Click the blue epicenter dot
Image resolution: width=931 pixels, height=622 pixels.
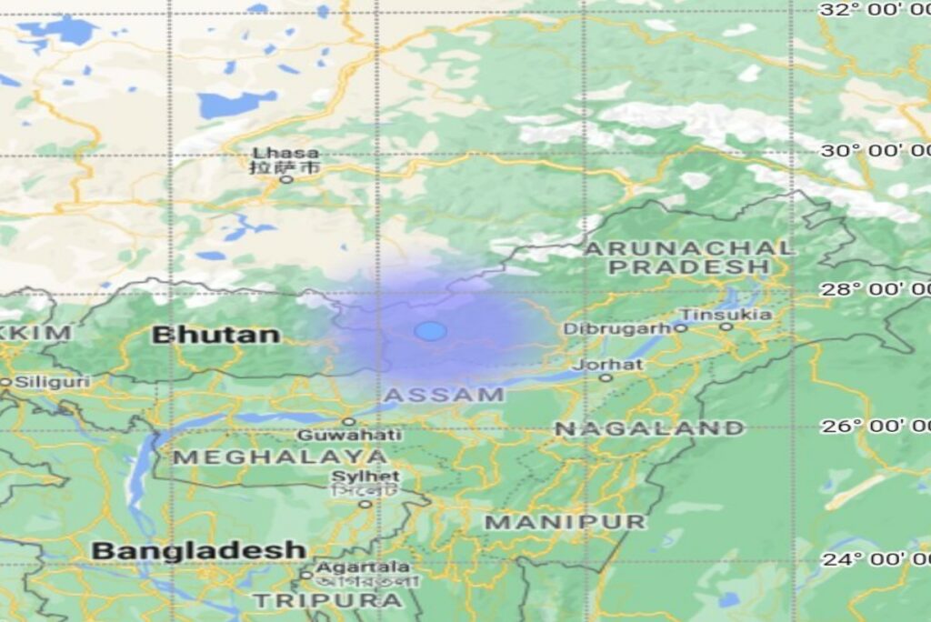430,331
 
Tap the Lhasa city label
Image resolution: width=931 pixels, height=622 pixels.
285,153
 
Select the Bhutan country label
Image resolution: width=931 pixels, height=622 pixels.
215,335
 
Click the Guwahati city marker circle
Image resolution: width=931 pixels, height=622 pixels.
348,422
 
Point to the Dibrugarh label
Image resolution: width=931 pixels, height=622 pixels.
617,328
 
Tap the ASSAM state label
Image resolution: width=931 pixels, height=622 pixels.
444,395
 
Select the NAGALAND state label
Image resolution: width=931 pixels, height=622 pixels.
649,427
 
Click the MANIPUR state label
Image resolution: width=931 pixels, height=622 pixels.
565,522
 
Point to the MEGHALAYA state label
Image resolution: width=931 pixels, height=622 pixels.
280,456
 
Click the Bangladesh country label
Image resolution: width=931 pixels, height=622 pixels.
198,550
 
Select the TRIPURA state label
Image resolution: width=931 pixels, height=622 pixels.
327,600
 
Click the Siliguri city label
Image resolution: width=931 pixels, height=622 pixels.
52,382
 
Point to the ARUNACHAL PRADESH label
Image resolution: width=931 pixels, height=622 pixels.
688,257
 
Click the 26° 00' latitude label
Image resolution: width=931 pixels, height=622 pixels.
874,426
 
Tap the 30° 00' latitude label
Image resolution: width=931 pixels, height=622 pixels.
874,150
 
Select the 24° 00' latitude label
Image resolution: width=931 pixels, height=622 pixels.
874,558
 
